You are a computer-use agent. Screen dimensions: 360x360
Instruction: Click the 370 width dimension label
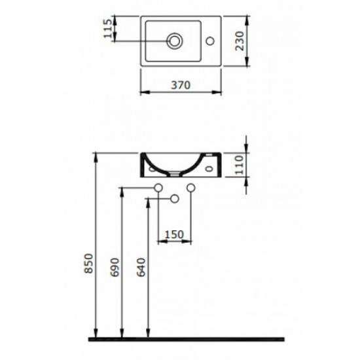click(x=181, y=85)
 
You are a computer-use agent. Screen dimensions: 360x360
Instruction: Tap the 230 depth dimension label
click(x=240, y=41)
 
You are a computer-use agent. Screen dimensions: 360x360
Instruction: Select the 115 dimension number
click(x=108, y=28)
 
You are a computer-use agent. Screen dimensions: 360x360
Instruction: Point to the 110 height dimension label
click(x=239, y=165)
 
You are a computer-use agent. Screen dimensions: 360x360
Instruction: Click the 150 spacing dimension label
click(x=175, y=234)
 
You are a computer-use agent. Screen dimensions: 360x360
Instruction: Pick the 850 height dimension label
click(x=89, y=263)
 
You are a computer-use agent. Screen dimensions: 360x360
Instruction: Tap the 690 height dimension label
click(x=115, y=268)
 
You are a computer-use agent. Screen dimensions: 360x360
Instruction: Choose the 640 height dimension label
click(x=141, y=268)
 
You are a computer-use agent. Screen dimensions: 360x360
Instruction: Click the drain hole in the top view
click(x=175, y=41)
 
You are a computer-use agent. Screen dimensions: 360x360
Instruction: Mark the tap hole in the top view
click(x=210, y=41)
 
